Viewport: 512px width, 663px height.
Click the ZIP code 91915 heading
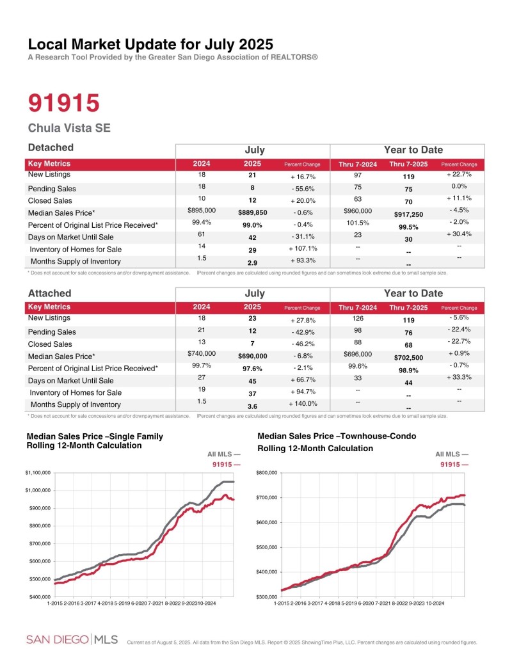pyautogui.click(x=64, y=103)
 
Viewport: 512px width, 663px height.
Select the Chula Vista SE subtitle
pyautogui.click(x=69, y=128)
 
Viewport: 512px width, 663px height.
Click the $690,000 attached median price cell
pyautogui.click(x=252, y=356)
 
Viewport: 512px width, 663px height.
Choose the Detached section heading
pyautogui.click(x=51, y=148)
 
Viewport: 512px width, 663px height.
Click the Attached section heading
pyautogui.click(x=49, y=293)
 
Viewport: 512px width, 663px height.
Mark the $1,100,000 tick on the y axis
pyautogui.click(x=37, y=473)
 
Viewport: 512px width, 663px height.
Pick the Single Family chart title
pyautogui.click(x=95, y=441)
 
